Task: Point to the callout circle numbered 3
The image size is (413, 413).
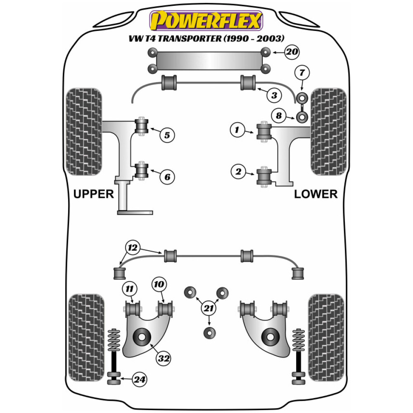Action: coord(273,95)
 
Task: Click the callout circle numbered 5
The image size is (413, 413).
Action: coord(167,135)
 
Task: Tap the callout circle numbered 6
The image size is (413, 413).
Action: coord(167,177)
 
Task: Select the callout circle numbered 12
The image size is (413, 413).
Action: coord(132,248)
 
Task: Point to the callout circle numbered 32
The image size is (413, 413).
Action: coord(164,358)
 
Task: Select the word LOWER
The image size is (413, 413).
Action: coord(316,194)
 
